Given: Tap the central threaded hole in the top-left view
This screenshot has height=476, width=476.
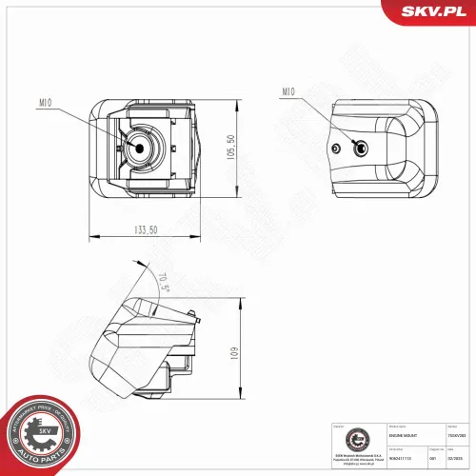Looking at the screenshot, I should tap(141, 148).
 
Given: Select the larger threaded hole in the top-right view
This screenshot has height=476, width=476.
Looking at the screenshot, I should tap(360, 148).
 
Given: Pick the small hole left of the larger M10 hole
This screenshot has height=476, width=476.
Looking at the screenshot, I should tap(341, 149).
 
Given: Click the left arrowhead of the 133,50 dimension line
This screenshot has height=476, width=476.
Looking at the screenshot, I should tap(90, 235).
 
